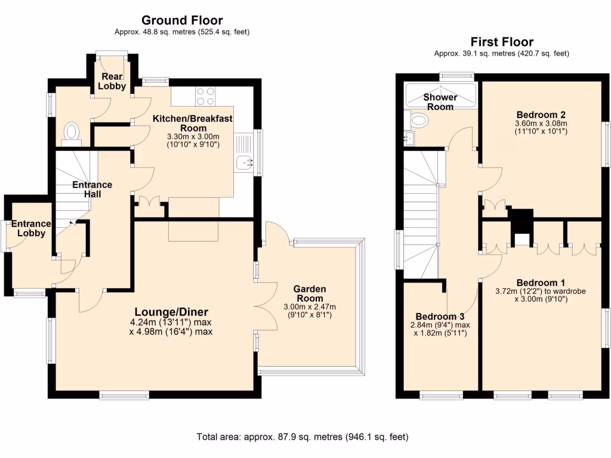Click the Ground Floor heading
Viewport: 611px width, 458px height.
pyautogui.click(x=182, y=21)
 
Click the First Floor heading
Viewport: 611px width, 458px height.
pyautogui.click(x=502, y=42)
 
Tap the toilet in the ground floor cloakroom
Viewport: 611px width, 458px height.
pyautogui.click(x=72, y=132)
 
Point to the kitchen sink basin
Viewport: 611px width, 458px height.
pyautogui.click(x=245, y=161)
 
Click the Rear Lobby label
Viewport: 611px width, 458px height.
pyautogui.click(x=113, y=81)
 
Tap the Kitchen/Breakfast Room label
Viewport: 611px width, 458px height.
pyautogui.click(x=193, y=123)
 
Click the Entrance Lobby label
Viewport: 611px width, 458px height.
pyautogui.click(x=32, y=228)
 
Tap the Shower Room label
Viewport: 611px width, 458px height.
pyautogui.click(x=440, y=102)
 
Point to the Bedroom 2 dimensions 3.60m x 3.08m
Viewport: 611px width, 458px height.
pyautogui.click(x=541, y=128)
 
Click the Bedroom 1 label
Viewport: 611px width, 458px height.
pyautogui.click(x=541, y=282)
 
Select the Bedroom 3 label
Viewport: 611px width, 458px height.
pyautogui.click(x=440, y=316)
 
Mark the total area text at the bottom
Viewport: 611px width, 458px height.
pyautogui.click(x=303, y=437)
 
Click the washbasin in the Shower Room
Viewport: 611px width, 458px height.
pyautogui.click(x=419, y=122)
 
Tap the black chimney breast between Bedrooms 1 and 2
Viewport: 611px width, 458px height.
pyautogui.click(x=522, y=225)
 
